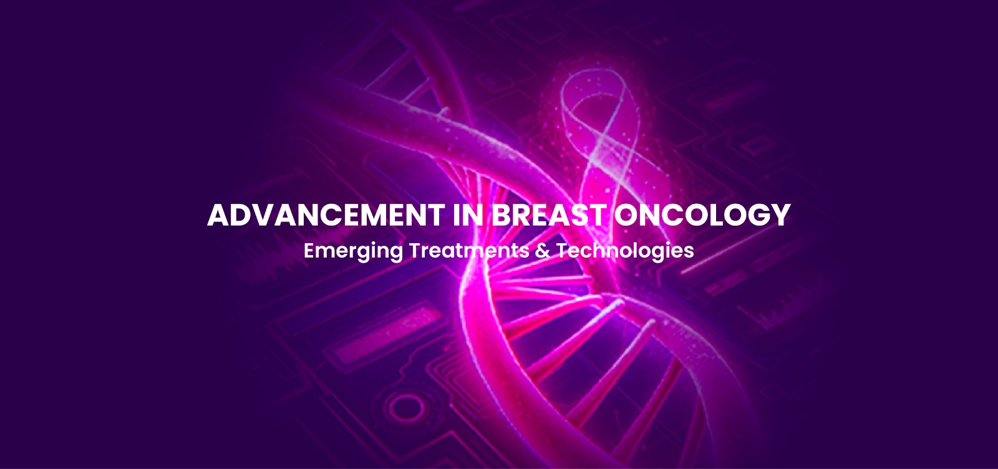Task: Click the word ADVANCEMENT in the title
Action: pos(326,215)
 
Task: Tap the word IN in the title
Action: pos(468,215)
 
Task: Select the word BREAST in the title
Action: pos(548,215)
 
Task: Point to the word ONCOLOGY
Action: pos(702,215)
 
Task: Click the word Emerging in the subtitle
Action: pos(353,251)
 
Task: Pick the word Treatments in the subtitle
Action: pos(468,250)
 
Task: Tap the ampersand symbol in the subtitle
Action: pos(542,250)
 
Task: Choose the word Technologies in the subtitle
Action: pos(624,251)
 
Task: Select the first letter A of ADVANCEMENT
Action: pos(218,215)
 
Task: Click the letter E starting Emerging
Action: pos(309,250)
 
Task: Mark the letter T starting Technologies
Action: pos(563,250)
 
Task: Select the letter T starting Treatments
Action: pos(416,250)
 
